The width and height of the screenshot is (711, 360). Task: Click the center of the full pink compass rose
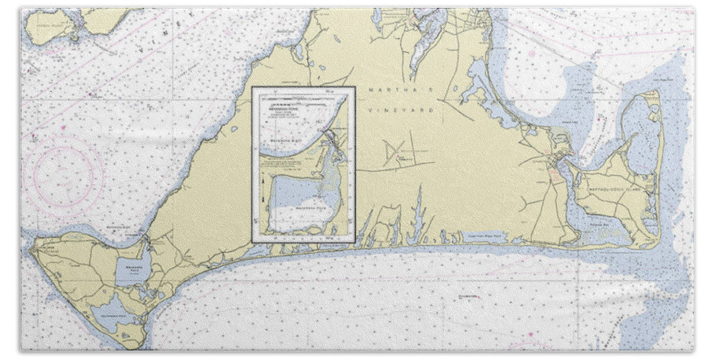point(67,175)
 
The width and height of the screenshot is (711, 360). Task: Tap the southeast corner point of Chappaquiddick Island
point(656,245)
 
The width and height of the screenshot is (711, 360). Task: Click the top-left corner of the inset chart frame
point(252,87)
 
